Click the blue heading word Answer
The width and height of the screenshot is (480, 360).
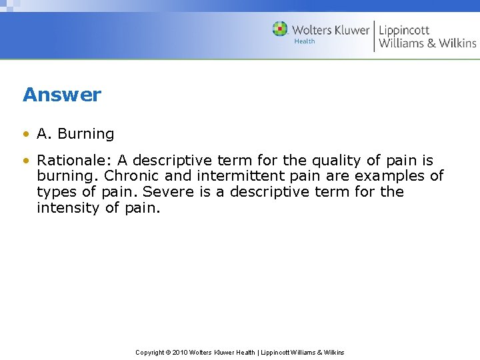(x=62, y=95)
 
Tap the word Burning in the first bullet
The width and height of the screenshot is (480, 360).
(x=86, y=134)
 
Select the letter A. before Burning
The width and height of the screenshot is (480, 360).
(x=45, y=134)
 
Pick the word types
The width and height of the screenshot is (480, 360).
(x=56, y=192)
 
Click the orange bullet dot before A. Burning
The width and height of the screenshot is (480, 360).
(x=26, y=134)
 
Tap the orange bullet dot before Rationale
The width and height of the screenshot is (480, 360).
(x=26, y=161)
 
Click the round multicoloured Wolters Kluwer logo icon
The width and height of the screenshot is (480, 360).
(x=280, y=29)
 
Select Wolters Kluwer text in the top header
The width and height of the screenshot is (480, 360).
(x=331, y=30)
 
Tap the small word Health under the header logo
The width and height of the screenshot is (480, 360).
(x=304, y=41)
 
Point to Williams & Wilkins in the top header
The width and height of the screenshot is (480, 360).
(x=427, y=43)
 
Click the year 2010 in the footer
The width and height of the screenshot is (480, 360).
(x=180, y=352)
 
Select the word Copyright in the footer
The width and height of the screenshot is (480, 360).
(x=151, y=352)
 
